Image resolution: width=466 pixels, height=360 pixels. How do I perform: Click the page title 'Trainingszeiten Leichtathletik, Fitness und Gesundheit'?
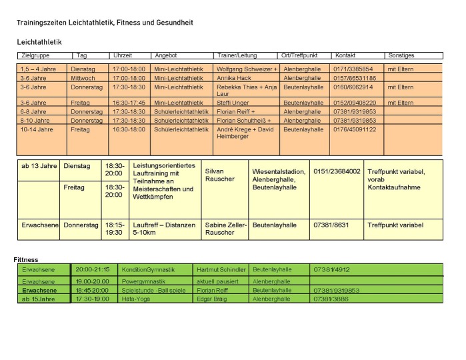pyautogui.click(x=105, y=23)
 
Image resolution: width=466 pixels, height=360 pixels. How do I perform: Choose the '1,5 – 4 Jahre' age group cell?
pyautogui.click(x=39, y=69)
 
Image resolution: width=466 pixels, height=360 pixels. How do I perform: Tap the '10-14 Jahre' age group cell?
pyautogui.click(x=37, y=129)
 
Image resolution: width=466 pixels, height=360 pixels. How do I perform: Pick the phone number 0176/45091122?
pyautogui.click(x=355, y=129)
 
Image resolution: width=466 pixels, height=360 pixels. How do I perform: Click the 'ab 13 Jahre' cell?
pyautogui.click(x=39, y=165)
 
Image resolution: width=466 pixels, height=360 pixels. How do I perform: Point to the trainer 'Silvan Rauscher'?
pyautogui.click(x=220, y=175)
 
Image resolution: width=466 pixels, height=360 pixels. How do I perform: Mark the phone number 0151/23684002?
pyautogui.click(x=337, y=171)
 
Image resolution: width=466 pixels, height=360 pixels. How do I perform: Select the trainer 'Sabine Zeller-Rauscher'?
pyautogui.click(x=223, y=229)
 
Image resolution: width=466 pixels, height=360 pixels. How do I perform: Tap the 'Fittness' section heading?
pyautogui.click(x=26, y=259)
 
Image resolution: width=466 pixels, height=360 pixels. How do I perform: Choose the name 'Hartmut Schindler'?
pyautogui.click(x=221, y=270)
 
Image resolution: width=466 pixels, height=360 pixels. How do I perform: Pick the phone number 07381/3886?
pyautogui.click(x=331, y=299)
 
